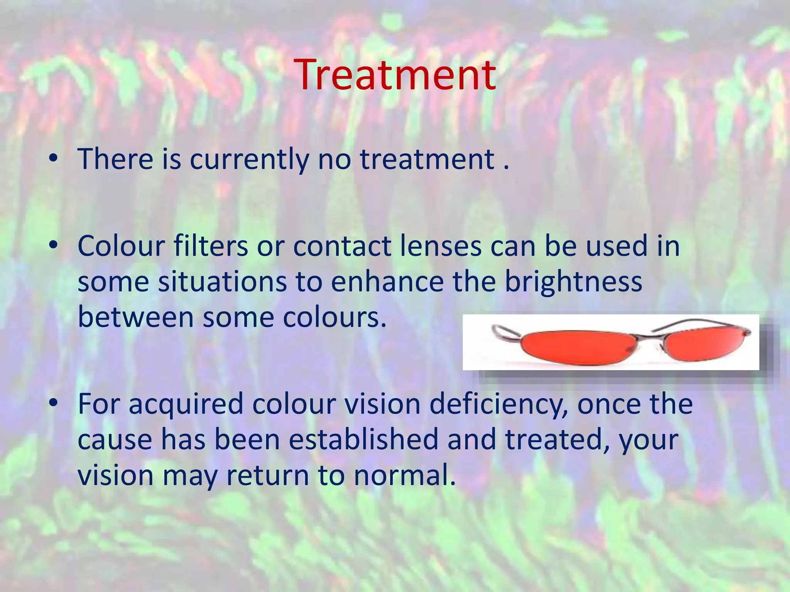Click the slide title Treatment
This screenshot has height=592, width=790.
click(x=397, y=75)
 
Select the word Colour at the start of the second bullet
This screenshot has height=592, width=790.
click(x=121, y=246)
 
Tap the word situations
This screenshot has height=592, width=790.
click(x=222, y=282)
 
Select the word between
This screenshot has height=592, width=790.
click(x=135, y=317)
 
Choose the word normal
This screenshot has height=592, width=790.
click(x=405, y=475)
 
